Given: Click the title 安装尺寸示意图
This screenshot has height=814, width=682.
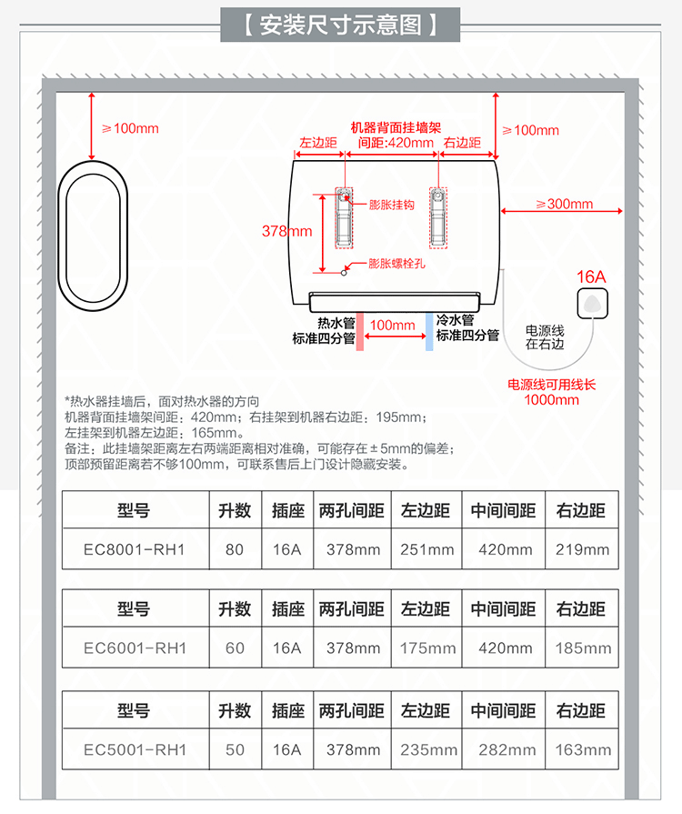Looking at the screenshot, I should [340, 24].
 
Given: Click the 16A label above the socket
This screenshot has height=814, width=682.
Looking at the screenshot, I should [591, 276].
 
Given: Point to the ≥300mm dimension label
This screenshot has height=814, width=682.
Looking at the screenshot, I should [564, 204].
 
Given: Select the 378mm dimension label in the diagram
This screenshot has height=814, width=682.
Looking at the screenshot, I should [286, 231].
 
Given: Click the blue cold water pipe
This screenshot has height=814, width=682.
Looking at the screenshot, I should [428, 331].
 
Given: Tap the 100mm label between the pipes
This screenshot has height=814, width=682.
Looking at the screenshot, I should [393, 325].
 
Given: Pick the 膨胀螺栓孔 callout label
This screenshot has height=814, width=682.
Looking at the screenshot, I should [396, 265].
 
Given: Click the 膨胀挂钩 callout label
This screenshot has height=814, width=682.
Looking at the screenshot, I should [391, 205].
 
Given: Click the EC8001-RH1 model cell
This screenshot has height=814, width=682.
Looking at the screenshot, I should [134, 549].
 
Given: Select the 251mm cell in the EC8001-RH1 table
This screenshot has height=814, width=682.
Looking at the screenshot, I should [427, 549].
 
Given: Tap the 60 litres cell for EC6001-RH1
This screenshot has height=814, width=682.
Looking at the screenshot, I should [235, 648].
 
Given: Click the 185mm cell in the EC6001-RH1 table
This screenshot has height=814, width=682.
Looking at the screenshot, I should [582, 648].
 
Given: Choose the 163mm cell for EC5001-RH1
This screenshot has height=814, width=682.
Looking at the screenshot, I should [582, 750].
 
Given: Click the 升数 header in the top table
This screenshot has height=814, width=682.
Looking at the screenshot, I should [235, 510].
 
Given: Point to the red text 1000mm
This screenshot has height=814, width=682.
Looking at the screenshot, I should [551, 399].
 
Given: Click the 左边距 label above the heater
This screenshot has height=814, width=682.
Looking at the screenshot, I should [318, 143].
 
